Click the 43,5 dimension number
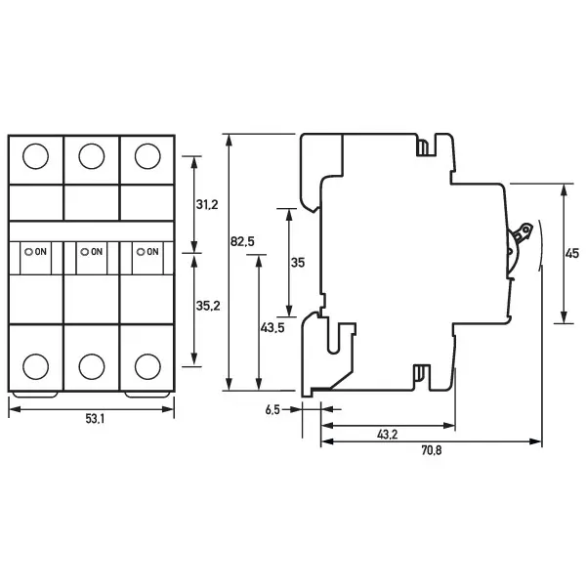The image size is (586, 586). [272, 328]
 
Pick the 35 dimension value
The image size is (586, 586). [299, 262]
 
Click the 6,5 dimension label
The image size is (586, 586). [272, 410]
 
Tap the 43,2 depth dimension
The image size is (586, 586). [387, 434]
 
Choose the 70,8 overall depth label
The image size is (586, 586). [431, 451]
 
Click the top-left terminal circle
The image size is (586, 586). [35, 155]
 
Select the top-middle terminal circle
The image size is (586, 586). [91, 155]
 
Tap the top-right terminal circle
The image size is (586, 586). [147, 155]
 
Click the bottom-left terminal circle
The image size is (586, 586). [35, 365]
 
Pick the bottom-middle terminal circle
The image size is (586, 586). [91, 365]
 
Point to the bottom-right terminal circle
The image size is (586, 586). [147, 365]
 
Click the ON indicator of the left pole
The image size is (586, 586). [36, 251]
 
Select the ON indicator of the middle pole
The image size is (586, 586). [92, 251]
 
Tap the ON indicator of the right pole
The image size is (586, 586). [147, 251]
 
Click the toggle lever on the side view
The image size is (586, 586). [523, 235]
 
